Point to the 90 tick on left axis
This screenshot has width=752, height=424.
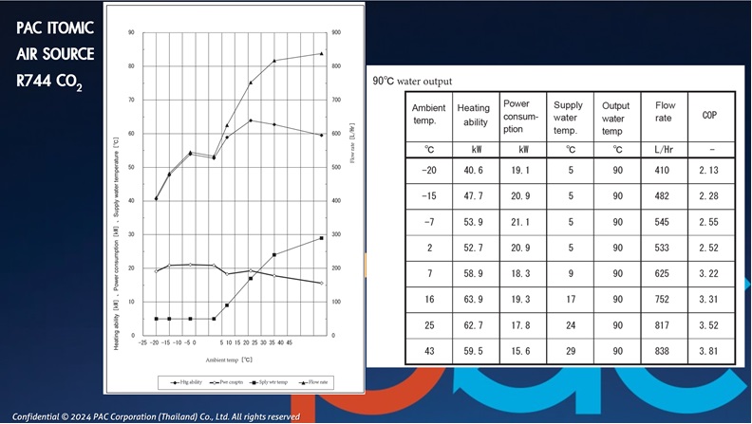tap(131, 33)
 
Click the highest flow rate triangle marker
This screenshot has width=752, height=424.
tap(322, 54)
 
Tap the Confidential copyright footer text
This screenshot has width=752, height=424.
tap(157, 416)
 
